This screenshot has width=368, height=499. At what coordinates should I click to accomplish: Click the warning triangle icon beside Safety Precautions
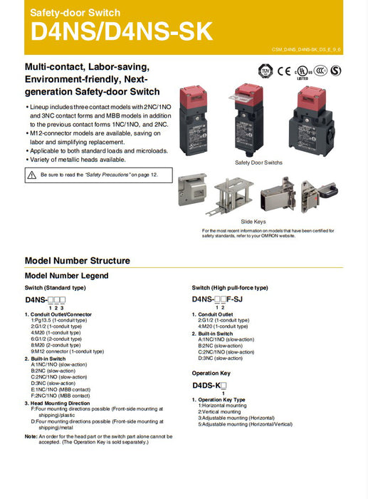tap(32, 174)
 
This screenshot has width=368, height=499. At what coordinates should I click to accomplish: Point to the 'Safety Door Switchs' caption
tap(258, 163)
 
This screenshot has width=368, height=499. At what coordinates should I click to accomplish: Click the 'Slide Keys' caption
tap(253, 222)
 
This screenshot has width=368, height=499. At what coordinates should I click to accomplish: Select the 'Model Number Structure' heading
tap(78, 261)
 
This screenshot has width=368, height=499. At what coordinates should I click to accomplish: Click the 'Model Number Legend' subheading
tap(67, 275)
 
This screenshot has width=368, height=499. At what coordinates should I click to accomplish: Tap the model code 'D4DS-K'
tap(204, 386)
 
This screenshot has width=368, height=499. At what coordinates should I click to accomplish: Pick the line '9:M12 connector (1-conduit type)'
tap(67, 351)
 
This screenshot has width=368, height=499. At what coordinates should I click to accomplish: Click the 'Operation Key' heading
tap(211, 373)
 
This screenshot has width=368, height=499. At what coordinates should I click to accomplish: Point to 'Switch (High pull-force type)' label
tap(230, 287)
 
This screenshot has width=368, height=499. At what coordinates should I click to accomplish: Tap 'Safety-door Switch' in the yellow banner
tap(75, 13)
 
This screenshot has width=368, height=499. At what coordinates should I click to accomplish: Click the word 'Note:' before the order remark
tap(31, 436)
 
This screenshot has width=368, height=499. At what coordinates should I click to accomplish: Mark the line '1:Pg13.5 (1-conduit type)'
tap(58, 320)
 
